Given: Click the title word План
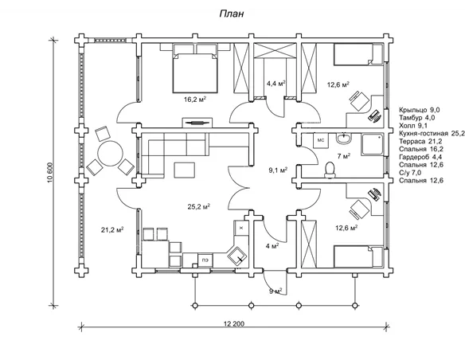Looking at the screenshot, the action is point(232,14).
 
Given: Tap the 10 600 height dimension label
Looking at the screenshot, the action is point(50,172).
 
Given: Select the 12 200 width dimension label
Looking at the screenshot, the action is point(234,323).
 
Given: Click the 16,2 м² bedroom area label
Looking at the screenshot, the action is point(195,100).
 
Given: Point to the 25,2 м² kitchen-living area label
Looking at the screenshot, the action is point(199,206).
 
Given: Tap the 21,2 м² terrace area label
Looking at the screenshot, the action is point(112,229).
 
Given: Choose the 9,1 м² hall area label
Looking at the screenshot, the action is point(278,170).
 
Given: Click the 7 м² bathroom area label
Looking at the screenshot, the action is point(344,156).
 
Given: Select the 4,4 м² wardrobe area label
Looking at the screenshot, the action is point(275,84).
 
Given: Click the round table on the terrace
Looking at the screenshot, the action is point(111,154).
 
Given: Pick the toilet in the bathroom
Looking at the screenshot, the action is point(330,170).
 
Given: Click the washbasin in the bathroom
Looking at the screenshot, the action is point(344,138).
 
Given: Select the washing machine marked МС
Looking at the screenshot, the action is point(321,140).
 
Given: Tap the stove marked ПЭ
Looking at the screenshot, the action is point(205,260).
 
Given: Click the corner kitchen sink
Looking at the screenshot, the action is point(237,256).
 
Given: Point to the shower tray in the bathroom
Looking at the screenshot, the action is point(373,144).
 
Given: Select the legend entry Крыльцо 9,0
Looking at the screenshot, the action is point(420,110).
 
